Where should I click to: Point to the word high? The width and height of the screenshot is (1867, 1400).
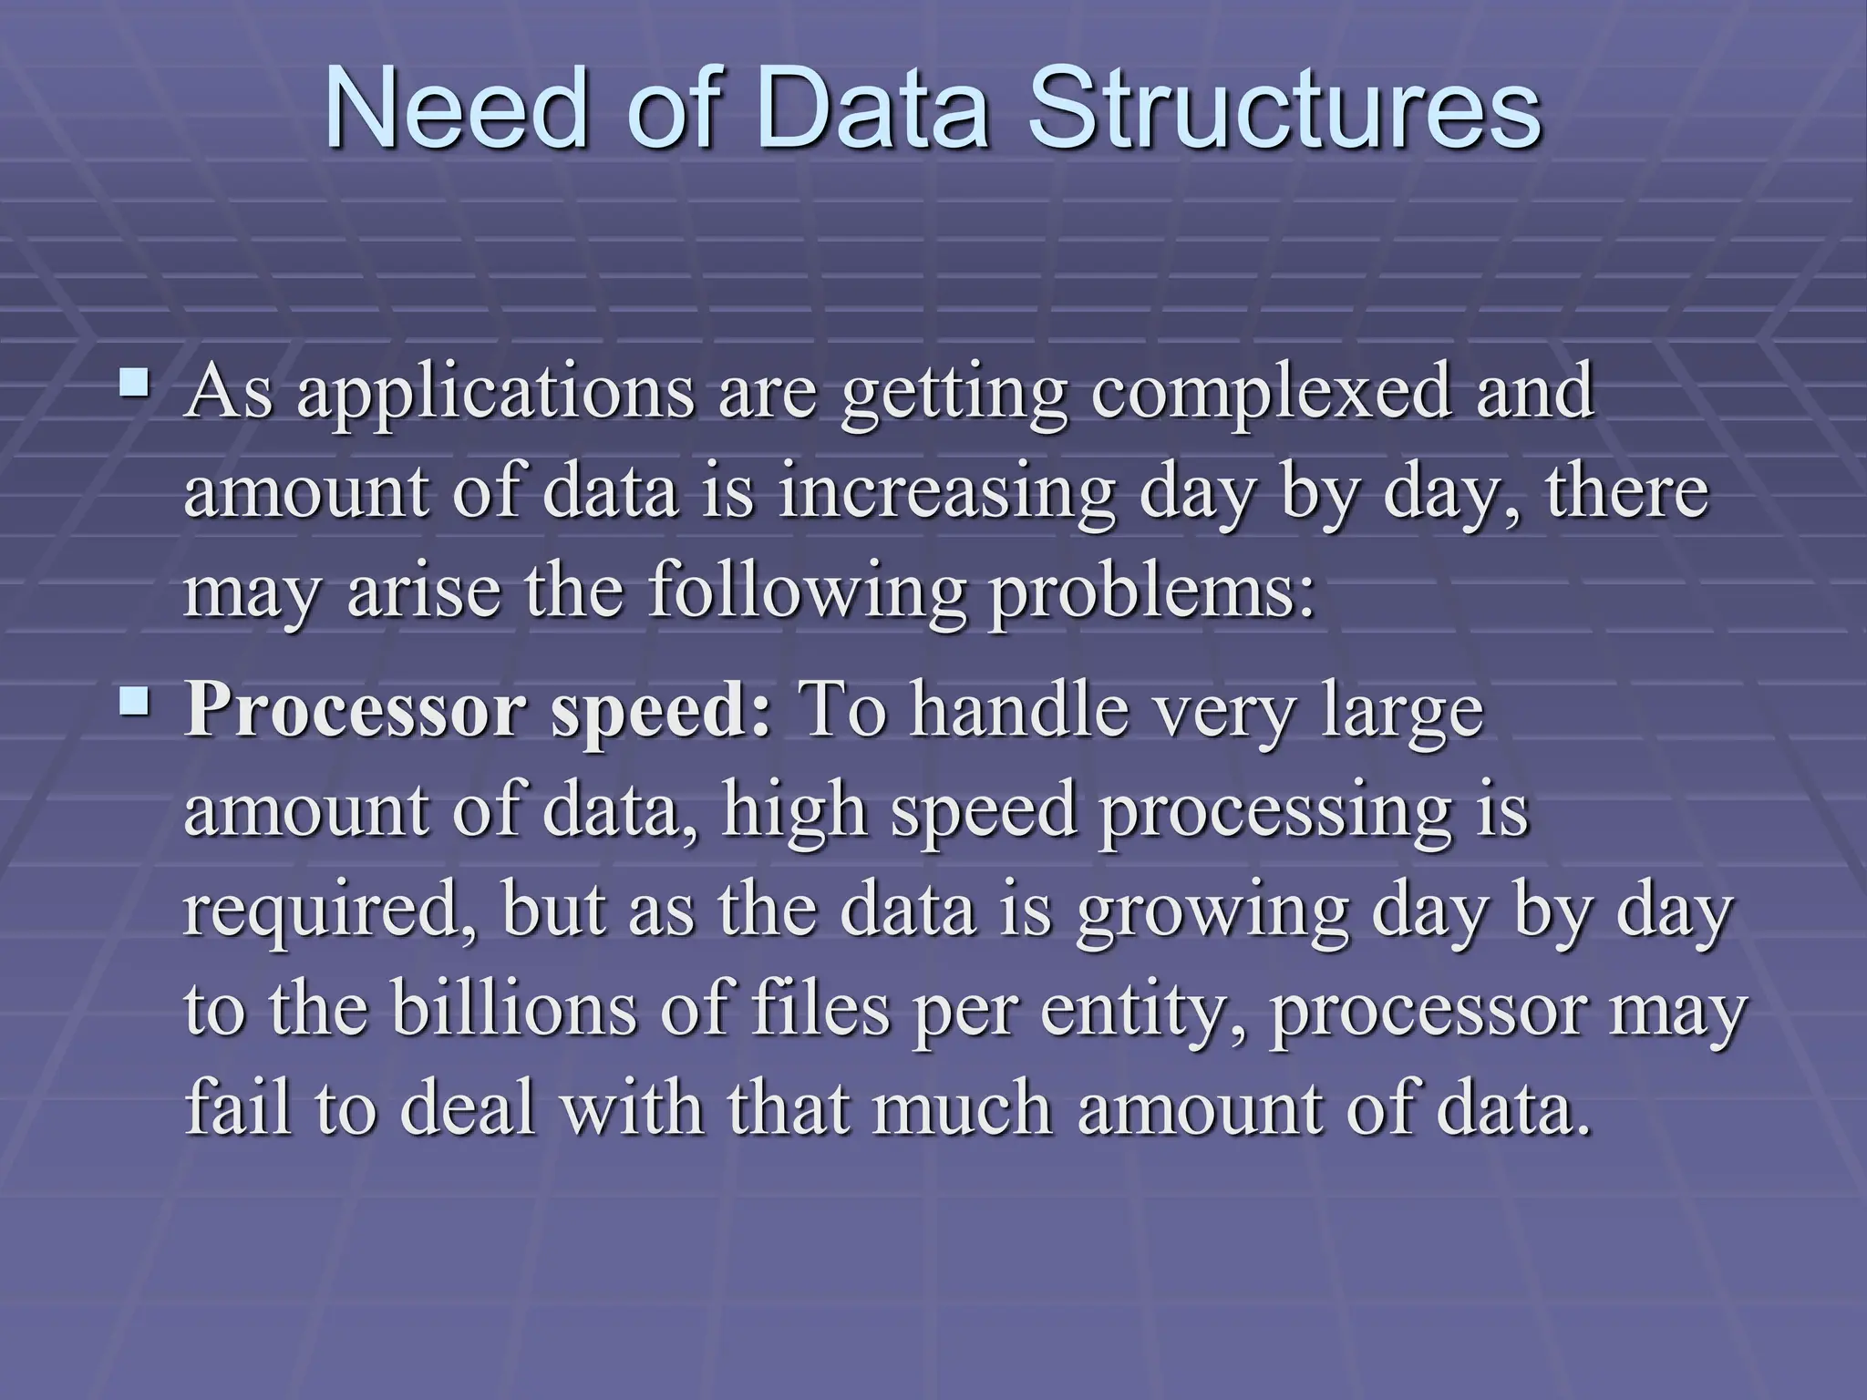(x=792, y=811)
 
